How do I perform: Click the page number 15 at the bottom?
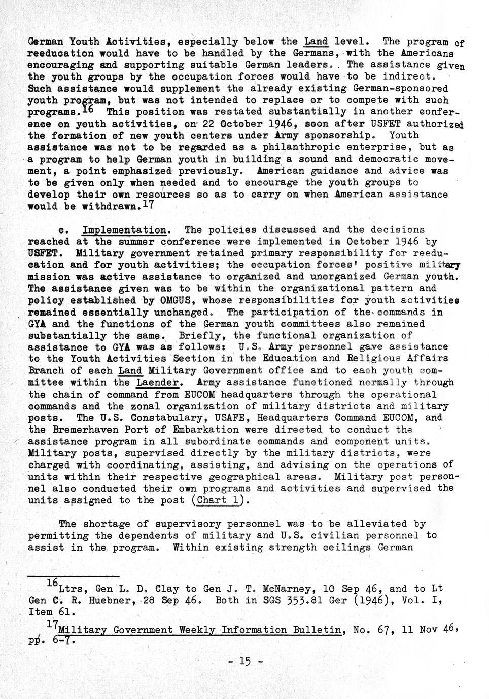point(244,661)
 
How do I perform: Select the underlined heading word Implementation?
point(124,230)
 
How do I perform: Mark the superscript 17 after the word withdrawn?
point(147,205)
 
